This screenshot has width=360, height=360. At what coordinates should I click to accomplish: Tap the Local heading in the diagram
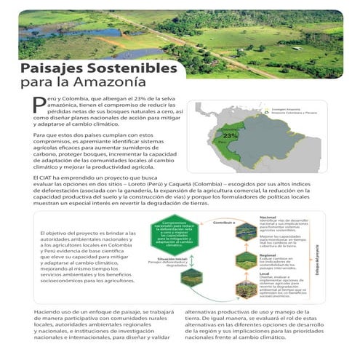coord(263,273)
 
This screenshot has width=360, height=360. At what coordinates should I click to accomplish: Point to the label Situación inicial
coord(168,259)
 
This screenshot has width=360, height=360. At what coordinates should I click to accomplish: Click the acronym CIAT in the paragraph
coord(49,178)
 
